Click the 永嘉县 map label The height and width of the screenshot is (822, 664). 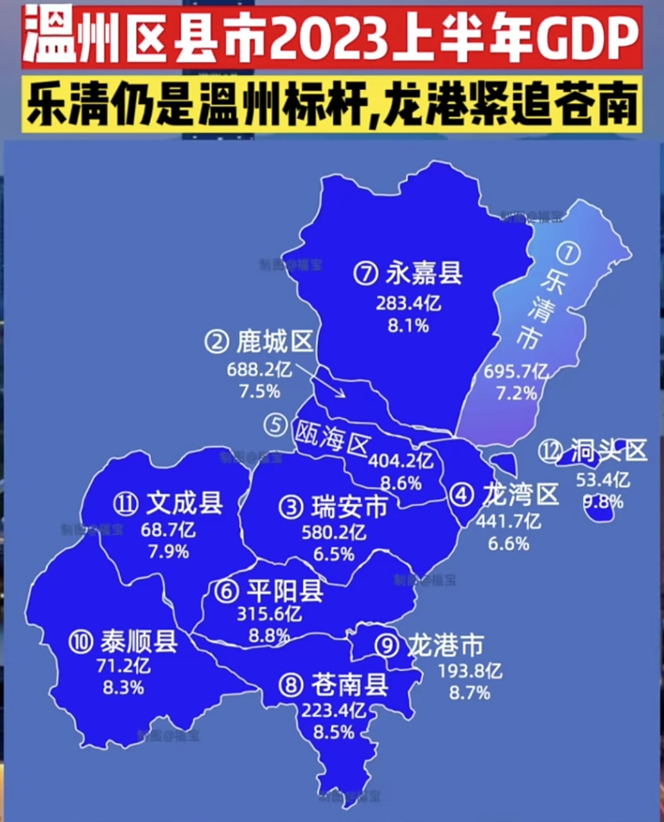[x=424, y=274]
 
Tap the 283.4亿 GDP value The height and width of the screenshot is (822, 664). [x=408, y=302]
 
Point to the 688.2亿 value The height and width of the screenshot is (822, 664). [x=259, y=369]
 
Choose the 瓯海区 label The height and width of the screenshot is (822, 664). [x=332, y=437]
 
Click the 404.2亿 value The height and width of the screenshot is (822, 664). [x=401, y=460]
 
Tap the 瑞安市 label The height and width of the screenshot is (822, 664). [x=349, y=507]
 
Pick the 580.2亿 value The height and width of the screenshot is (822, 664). [x=334, y=532]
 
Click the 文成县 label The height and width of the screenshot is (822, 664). [x=184, y=503]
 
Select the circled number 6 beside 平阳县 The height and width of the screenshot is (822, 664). [x=227, y=592]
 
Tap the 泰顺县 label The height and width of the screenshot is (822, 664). [x=139, y=642]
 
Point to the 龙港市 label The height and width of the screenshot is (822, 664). [x=444, y=645]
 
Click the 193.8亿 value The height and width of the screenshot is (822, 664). [x=470, y=671]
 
